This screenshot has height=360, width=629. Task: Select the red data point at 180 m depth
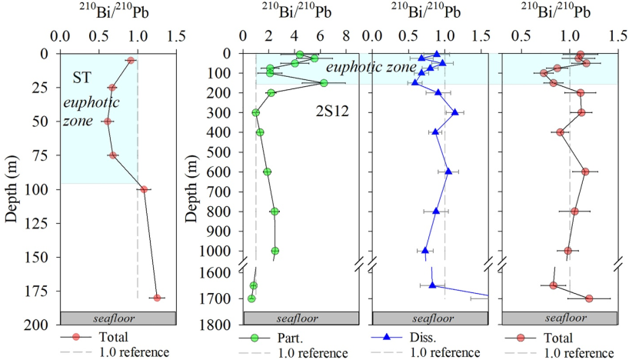(x=157, y=298)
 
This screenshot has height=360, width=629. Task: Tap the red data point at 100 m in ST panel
(x=144, y=189)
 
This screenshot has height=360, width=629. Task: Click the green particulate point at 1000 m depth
(x=275, y=251)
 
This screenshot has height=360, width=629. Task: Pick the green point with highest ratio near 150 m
(x=324, y=83)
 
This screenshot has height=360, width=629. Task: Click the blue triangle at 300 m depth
(x=454, y=112)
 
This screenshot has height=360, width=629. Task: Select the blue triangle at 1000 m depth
(x=425, y=250)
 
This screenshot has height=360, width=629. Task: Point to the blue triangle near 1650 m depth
(x=432, y=285)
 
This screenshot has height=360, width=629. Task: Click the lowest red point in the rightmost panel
(x=589, y=298)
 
